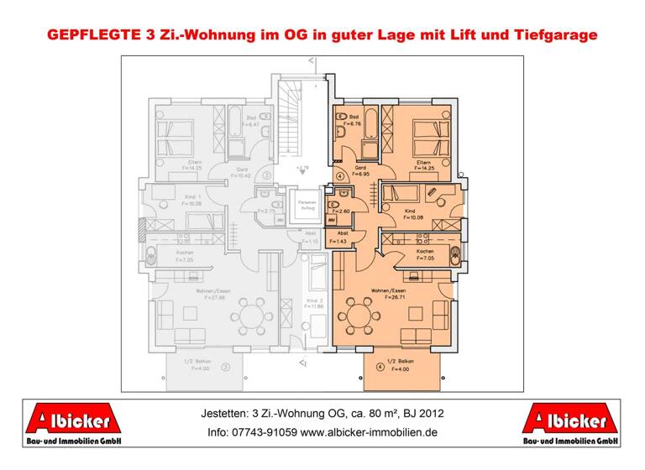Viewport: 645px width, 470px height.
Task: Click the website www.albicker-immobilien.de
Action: pos(369,433)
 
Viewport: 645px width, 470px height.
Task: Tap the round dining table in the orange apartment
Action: pos(359,317)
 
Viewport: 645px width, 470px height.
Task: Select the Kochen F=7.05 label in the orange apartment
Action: pos(424,255)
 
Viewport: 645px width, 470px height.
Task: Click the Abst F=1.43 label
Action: pos(343,238)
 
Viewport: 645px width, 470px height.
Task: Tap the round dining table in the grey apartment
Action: pos(251,317)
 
